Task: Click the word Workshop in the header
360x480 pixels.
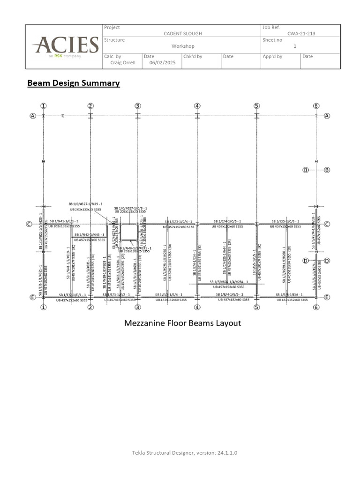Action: click(x=182, y=46)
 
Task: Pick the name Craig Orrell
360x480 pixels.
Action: click(x=123, y=62)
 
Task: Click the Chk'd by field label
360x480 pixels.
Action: click(x=193, y=56)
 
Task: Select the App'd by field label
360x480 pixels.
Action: click(x=273, y=56)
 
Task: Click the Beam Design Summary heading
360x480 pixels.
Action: click(x=74, y=83)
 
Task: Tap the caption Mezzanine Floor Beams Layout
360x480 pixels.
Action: click(x=182, y=323)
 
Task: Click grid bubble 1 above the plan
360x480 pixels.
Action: click(x=44, y=105)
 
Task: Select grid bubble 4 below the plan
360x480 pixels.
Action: click(x=197, y=307)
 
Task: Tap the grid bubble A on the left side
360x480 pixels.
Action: click(x=33, y=116)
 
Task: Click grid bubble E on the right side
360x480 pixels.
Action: click(x=327, y=297)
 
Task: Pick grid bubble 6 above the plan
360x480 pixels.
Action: click(x=316, y=105)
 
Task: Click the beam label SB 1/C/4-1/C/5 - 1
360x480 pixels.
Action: click(x=227, y=221)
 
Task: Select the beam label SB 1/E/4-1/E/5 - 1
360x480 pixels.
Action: click(x=227, y=294)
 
